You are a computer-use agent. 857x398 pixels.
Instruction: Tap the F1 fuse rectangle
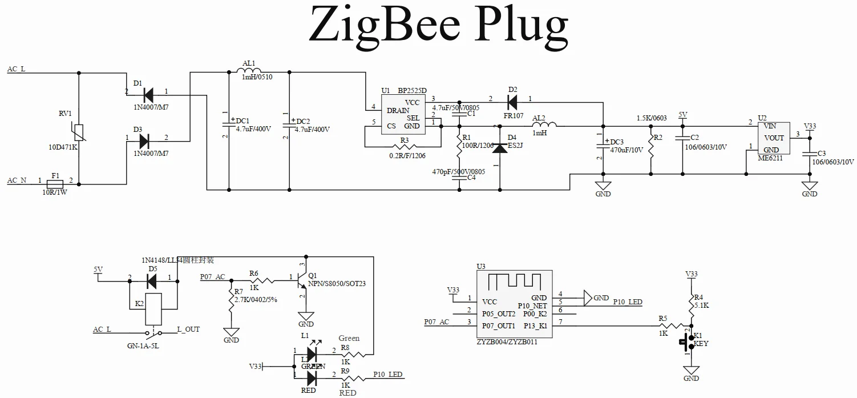(x=55, y=184)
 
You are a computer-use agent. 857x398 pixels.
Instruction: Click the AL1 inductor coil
(x=249, y=71)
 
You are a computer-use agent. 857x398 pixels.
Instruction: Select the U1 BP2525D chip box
(x=403, y=114)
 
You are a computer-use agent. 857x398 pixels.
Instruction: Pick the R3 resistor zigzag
(x=403, y=147)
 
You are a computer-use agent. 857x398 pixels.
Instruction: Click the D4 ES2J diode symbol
(x=500, y=147)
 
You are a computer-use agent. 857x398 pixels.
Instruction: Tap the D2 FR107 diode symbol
(x=512, y=103)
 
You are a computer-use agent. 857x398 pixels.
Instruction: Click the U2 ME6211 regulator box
(x=773, y=138)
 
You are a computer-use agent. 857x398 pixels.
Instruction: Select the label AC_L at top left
(x=16, y=70)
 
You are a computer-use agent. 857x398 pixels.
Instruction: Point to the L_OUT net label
(x=188, y=329)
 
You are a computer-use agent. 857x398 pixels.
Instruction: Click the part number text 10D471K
(x=63, y=147)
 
